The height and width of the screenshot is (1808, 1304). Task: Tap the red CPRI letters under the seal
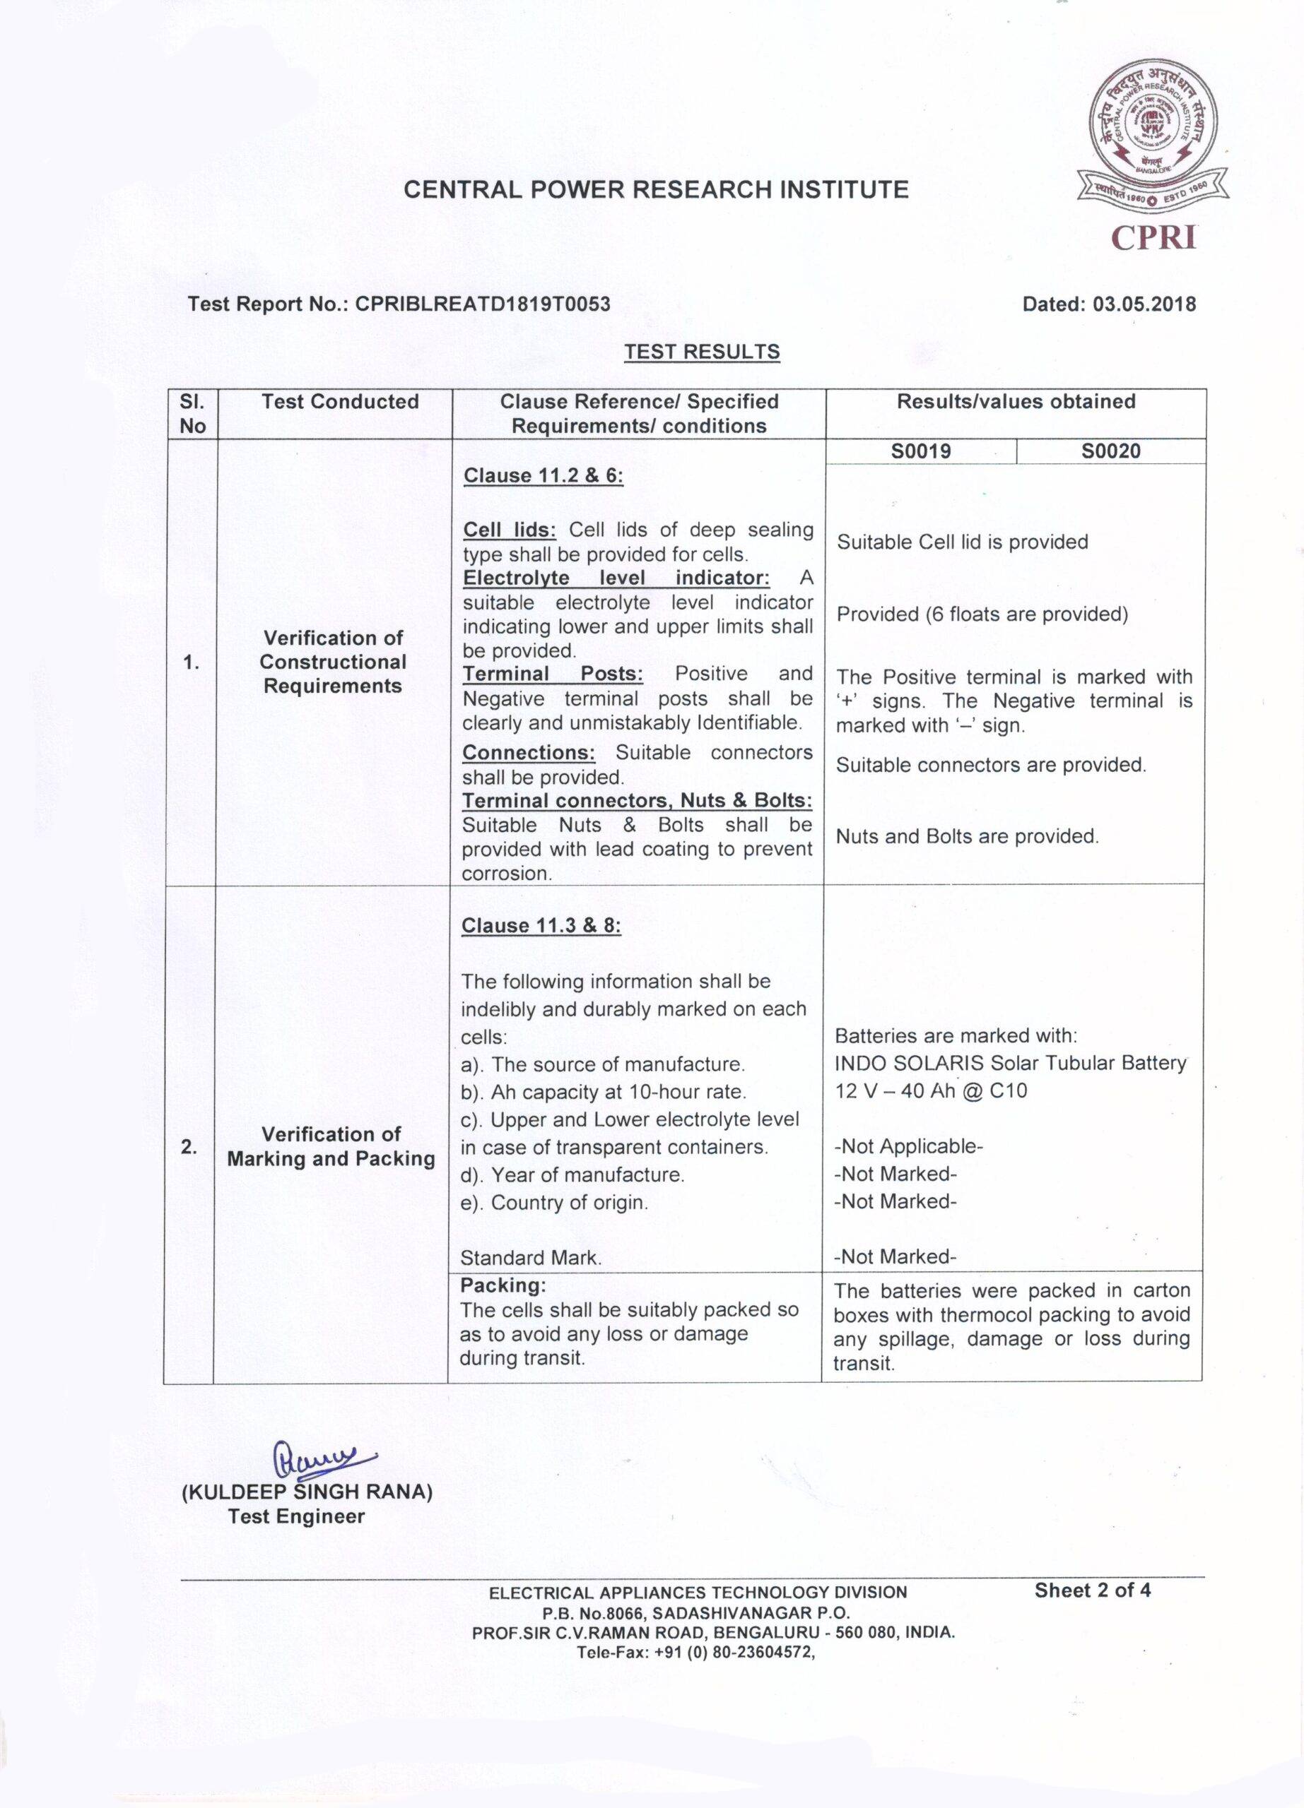click(1153, 237)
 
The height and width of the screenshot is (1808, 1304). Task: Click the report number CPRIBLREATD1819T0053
click(483, 304)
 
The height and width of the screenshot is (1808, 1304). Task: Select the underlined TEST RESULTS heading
click(702, 352)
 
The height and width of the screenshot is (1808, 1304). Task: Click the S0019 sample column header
click(921, 451)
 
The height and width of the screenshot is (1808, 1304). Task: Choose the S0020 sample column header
click(1111, 451)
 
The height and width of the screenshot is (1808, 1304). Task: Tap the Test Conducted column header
click(340, 402)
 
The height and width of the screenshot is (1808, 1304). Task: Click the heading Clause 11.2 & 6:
click(543, 476)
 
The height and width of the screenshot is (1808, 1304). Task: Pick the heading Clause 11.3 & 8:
click(541, 925)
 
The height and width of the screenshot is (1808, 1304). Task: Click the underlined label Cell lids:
click(509, 530)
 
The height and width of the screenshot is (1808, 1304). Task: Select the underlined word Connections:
click(529, 753)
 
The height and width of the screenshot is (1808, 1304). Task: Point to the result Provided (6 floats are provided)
click(982, 614)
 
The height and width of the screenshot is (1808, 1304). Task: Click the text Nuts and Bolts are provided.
click(967, 836)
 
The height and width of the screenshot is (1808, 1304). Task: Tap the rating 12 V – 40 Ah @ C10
click(931, 1090)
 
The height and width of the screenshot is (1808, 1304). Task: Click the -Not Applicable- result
click(908, 1146)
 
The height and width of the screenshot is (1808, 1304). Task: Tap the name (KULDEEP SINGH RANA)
click(307, 1492)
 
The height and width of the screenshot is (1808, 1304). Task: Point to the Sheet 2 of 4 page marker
click(1092, 1590)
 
